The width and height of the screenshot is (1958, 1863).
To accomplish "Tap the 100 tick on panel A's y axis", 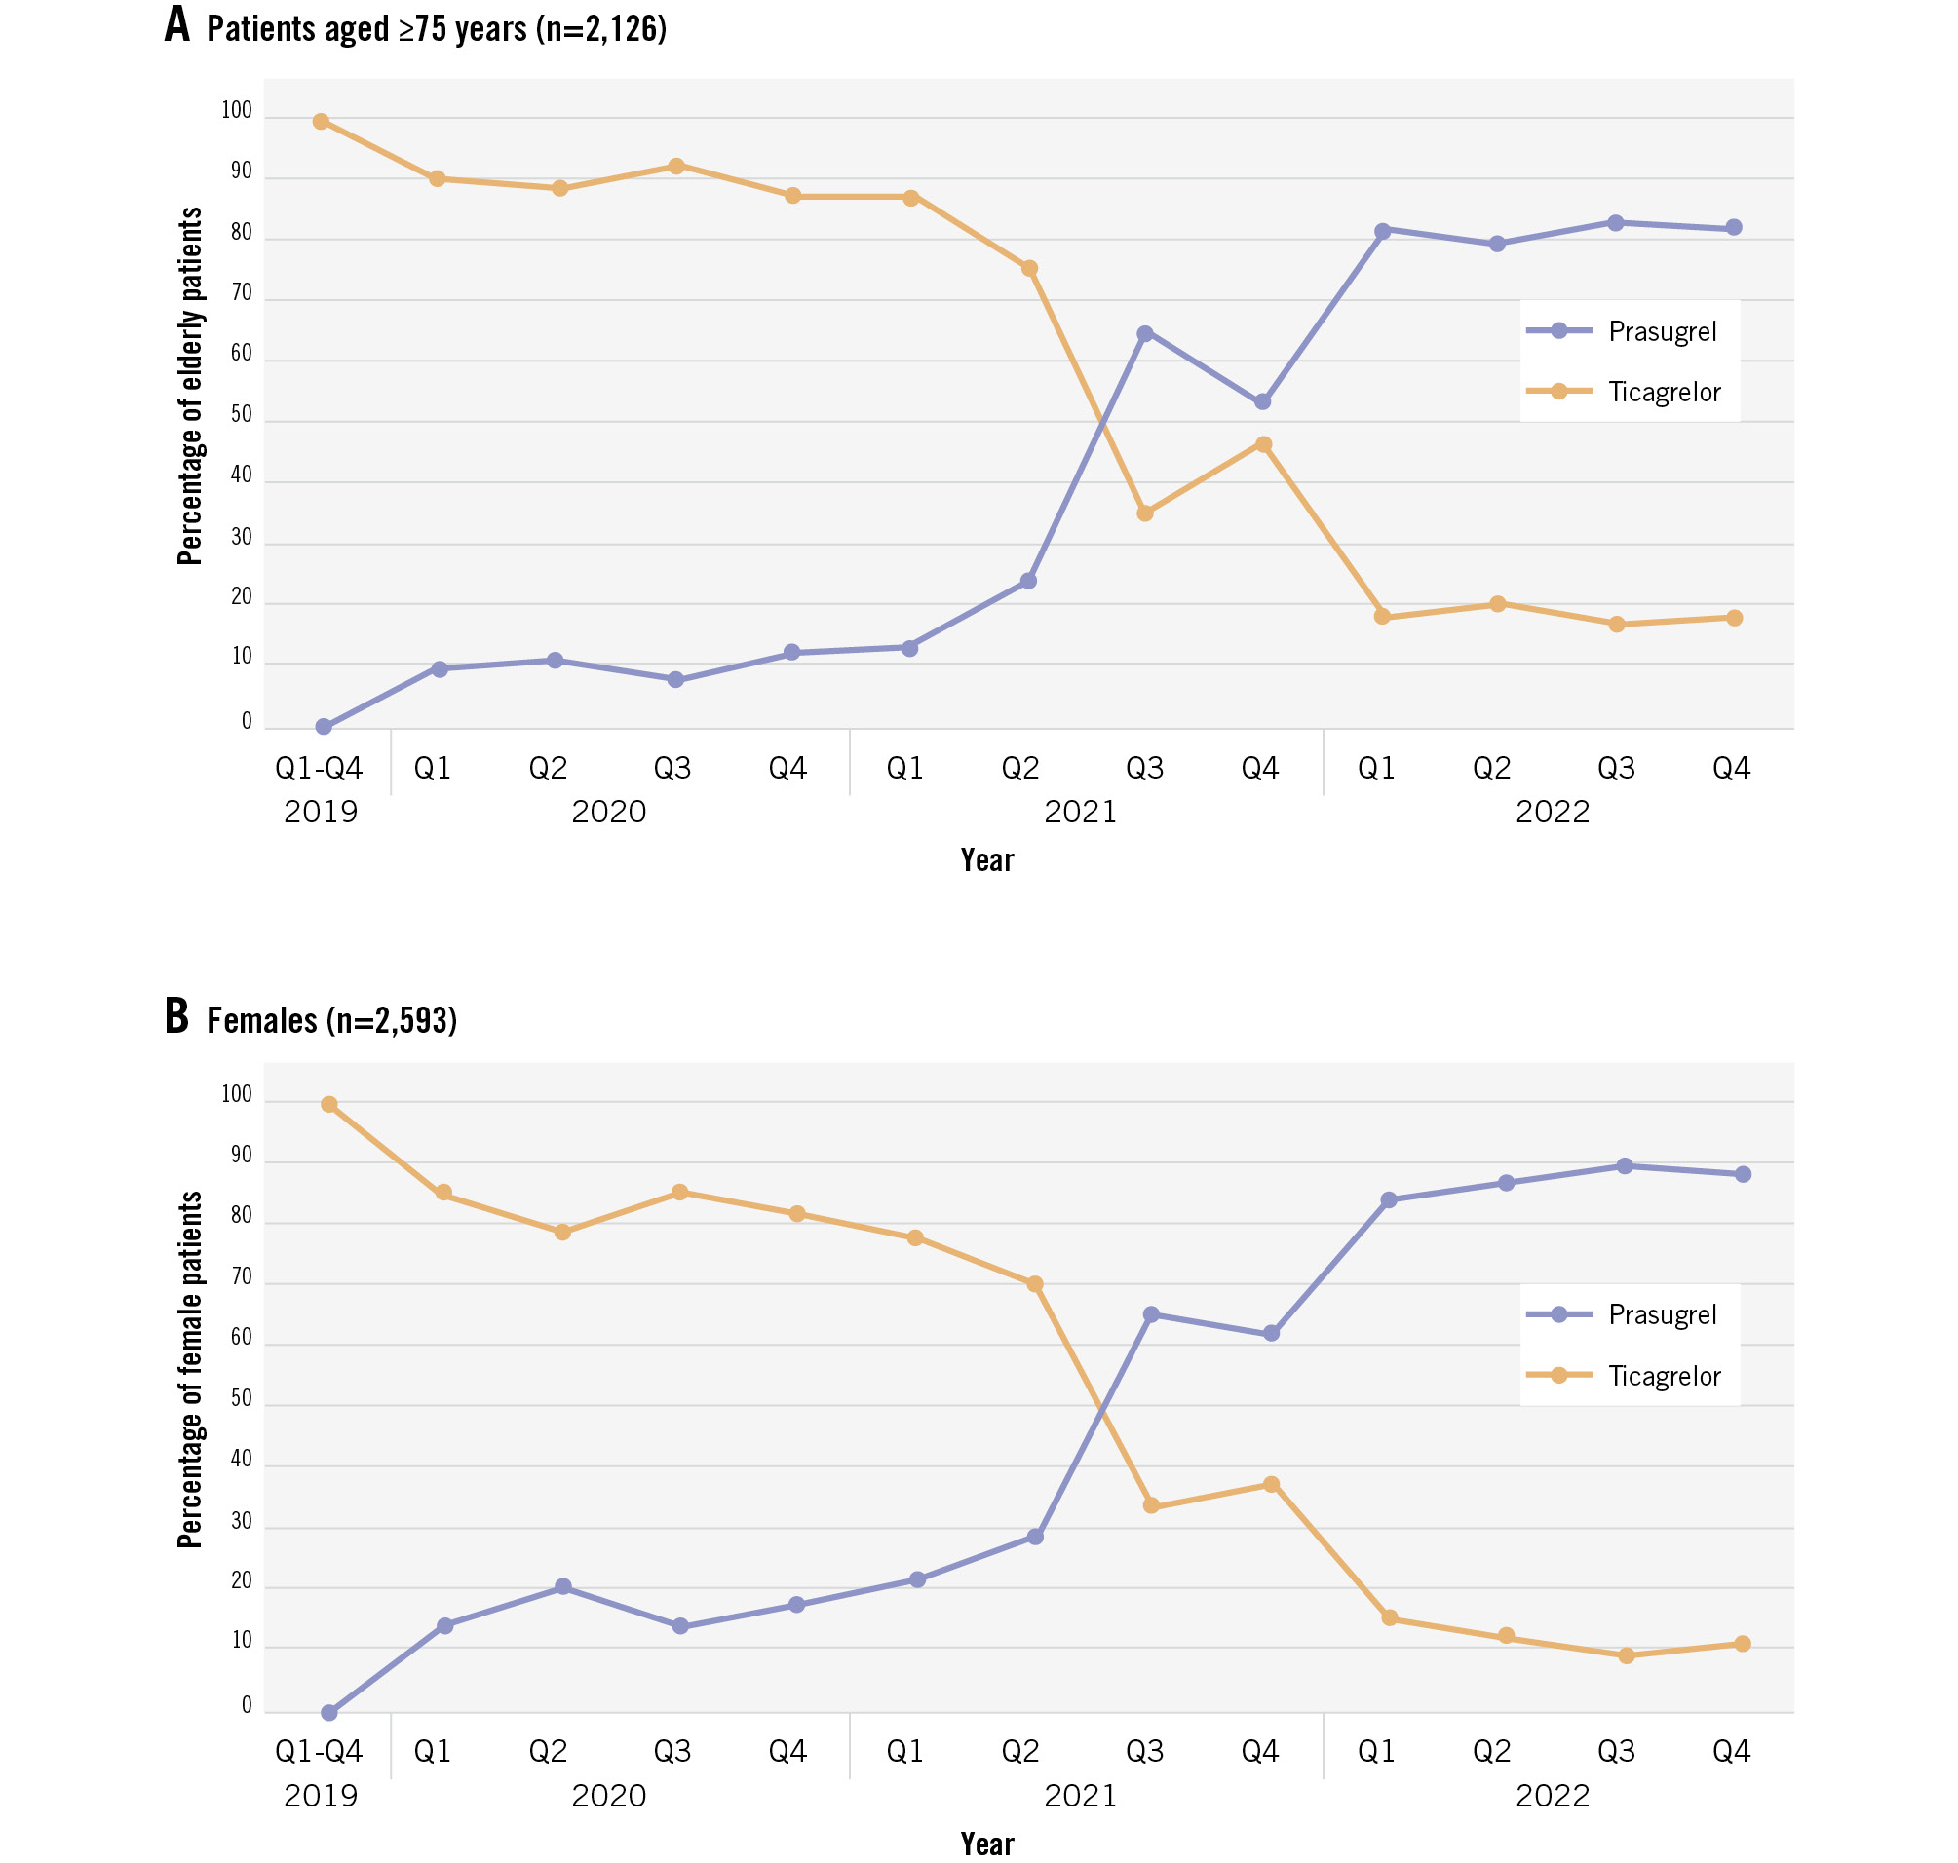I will tap(237, 110).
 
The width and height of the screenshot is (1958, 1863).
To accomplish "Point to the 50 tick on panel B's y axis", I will tap(242, 1398).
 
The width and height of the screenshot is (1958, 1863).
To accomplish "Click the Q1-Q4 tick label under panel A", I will tap(319, 768).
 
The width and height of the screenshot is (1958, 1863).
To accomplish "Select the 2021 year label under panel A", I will tap(1080, 813).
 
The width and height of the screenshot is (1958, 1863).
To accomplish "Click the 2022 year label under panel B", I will tap(1552, 1796).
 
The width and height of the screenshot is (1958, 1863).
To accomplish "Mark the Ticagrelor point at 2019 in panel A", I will tap(321, 122).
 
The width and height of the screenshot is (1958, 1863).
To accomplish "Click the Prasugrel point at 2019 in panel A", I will tap(324, 727).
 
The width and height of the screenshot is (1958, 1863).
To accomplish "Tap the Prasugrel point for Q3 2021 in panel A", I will tap(1145, 333).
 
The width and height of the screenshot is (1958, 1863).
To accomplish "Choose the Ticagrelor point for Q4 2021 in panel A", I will tap(1264, 445).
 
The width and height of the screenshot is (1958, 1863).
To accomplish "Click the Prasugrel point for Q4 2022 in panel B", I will tap(1743, 1175).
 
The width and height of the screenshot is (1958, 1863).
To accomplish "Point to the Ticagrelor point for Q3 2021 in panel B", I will tap(1151, 1506).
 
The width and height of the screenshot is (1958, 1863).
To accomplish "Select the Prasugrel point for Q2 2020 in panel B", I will tap(563, 1587).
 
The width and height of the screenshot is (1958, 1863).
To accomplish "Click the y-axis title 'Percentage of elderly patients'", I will tap(190, 386).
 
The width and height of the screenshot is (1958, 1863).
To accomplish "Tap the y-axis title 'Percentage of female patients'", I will tap(190, 1370).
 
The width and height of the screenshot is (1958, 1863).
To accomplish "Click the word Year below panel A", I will tap(986, 860).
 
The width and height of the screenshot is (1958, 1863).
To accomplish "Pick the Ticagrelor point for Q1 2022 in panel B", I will tap(1390, 1618).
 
